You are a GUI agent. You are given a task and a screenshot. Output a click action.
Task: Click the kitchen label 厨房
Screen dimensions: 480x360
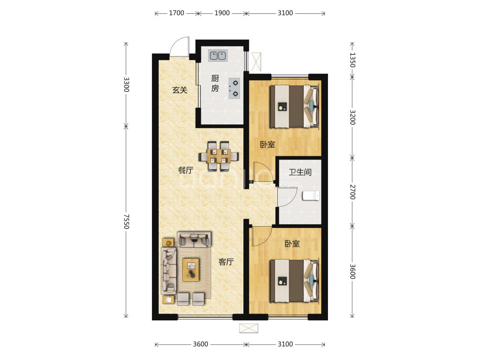pyautogui.click(x=215, y=83)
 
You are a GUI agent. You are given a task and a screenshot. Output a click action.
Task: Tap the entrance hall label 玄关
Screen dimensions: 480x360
pyautogui.click(x=180, y=90)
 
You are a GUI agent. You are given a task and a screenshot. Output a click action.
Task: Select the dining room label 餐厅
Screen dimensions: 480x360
pyautogui.click(x=185, y=170)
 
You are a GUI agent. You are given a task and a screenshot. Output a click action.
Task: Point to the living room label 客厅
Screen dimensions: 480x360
pyautogui.click(x=226, y=262)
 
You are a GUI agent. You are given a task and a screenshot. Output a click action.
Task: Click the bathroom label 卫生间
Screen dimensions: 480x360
pyautogui.click(x=300, y=172)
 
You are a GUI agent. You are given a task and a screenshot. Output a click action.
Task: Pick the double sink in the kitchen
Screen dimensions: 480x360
pyautogui.click(x=218, y=56)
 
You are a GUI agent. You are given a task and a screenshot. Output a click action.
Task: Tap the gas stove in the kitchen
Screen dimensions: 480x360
pyautogui.click(x=234, y=88)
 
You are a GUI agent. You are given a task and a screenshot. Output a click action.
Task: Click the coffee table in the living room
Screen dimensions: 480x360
pyautogui.click(x=191, y=270)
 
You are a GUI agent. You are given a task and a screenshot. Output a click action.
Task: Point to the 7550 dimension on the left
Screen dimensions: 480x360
pyautogui.click(x=126, y=222)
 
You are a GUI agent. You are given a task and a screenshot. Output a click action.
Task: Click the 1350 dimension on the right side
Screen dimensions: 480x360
pyautogui.click(x=352, y=60)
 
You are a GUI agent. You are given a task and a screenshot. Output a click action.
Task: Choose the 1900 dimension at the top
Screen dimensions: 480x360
pyautogui.click(x=222, y=13)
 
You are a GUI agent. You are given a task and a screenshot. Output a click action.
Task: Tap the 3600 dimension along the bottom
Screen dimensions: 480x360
pyautogui.click(x=200, y=344)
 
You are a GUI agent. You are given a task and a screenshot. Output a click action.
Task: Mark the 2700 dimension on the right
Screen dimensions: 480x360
pyautogui.click(x=352, y=192)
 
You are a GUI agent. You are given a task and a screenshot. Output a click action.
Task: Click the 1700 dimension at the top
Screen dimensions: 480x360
pyautogui.click(x=176, y=13)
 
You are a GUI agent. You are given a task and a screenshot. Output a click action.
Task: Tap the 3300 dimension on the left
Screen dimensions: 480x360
pyautogui.click(x=126, y=85)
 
